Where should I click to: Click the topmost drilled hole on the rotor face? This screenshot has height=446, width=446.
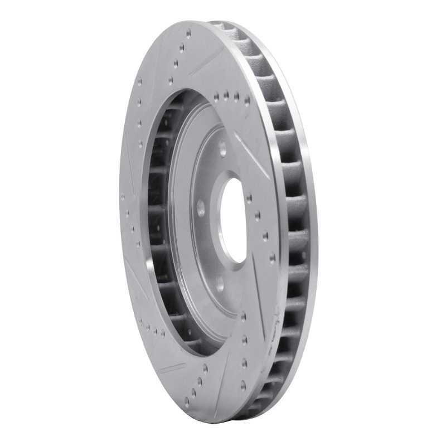(188, 34)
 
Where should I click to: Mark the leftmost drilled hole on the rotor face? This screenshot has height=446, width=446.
(123, 196)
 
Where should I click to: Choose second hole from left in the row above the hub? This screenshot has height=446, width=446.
(226, 96)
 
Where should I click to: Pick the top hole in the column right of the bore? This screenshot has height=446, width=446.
(249, 197)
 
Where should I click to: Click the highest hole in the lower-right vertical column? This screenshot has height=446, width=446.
(244, 317)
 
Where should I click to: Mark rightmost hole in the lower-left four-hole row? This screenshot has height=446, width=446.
(163, 333)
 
